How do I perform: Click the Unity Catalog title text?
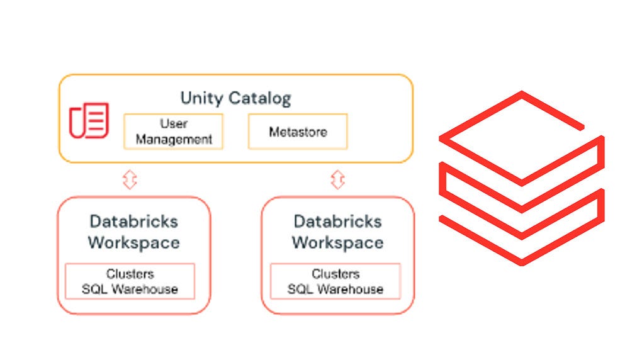coord(236,99)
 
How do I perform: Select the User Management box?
coord(174,132)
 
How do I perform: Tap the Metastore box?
coord(298,132)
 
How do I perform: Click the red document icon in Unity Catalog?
coord(89,120)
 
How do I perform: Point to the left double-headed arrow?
coord(130,179)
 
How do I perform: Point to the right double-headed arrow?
coord(338,179)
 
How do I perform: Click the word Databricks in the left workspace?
coord(134,222)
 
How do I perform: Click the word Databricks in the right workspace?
coord(338,222)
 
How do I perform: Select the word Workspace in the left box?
coord(134,242)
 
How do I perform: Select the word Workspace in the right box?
coord(338,242)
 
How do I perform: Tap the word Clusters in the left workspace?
coord(130,274)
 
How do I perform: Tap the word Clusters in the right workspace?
coord(335,274)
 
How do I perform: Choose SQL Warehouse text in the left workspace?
coord(130,289)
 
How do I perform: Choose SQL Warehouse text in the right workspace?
coord(335,289)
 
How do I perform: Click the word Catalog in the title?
coord(259,99)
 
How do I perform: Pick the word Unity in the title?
coord(201,99)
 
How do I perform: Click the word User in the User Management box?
coord(174,124)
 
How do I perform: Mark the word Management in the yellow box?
coord(174,140)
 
